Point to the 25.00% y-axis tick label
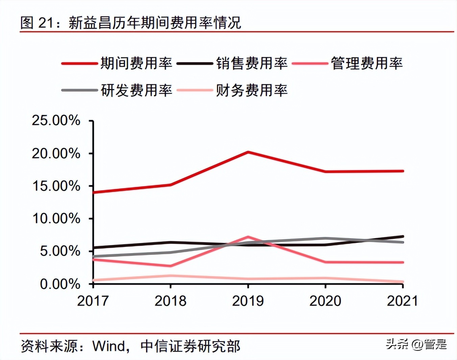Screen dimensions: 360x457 [x=56, y=120]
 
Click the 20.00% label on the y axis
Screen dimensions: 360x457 [x=56, y=154]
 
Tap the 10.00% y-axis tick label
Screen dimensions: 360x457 [x=56, y=219]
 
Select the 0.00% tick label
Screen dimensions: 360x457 [x=60, y=284]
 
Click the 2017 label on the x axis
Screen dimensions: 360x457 [x=93, y=301]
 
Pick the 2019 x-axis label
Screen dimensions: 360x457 [x=248, y=301]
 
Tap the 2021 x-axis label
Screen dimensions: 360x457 [x=402, y=301]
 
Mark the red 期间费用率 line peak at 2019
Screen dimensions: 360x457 [x=248, y=152]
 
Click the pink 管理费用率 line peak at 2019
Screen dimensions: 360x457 [x=248, y=237]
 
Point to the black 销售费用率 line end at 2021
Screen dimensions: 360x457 [x=403, y=236]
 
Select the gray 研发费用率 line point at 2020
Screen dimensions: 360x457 [x=325, y=239]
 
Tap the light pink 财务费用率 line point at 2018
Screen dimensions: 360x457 [x=171, y=275]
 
